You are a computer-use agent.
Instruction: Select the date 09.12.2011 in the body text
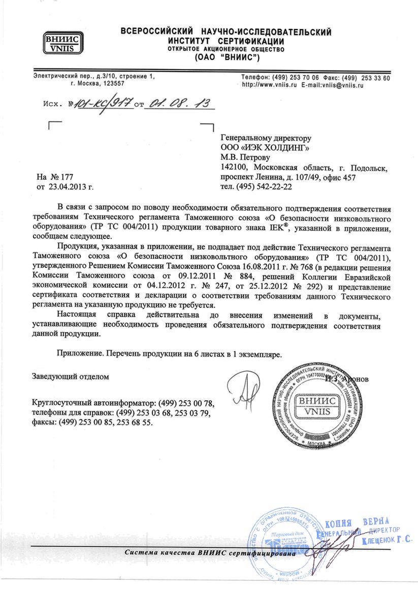pyautogui.click(x=185, y=276)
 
